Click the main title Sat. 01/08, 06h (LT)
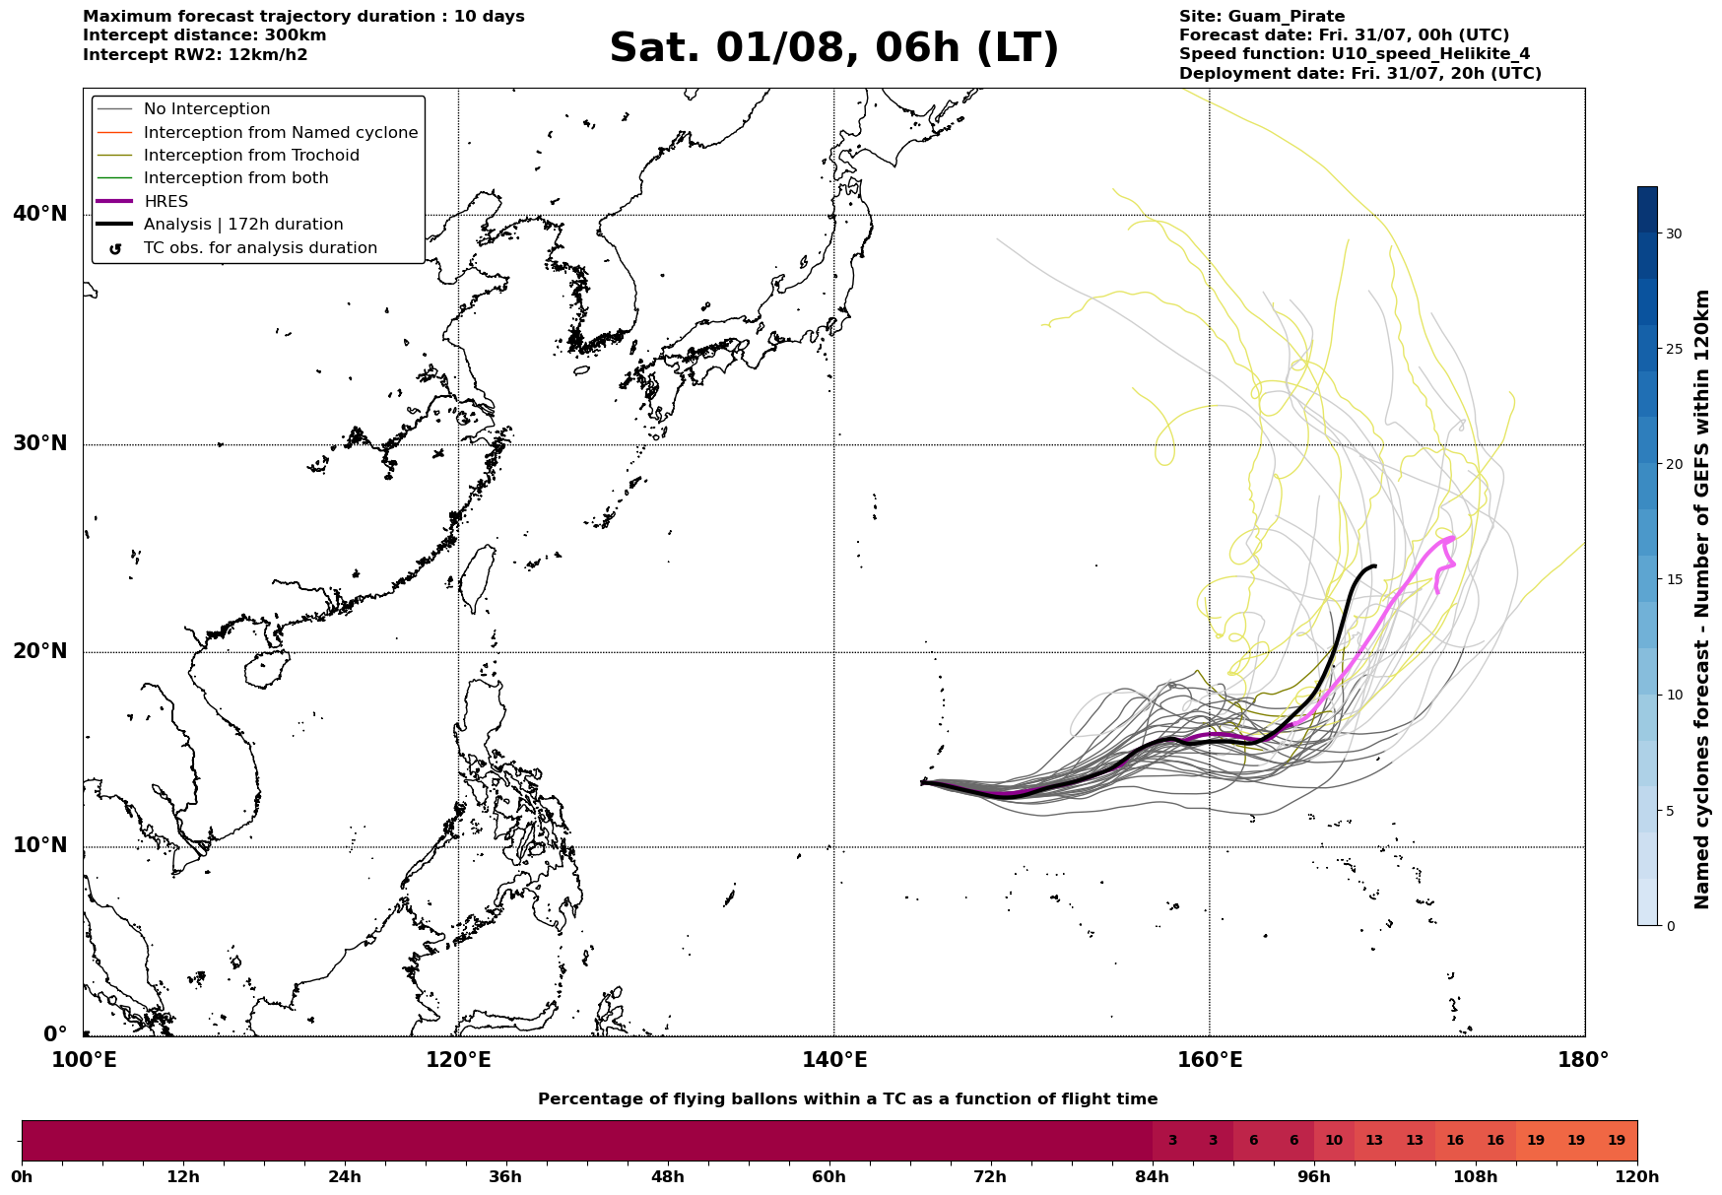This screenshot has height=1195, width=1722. [x=833, y=48]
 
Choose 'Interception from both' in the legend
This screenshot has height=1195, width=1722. [x=213, y=178]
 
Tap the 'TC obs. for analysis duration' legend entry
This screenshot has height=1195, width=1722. [x=237, y=248]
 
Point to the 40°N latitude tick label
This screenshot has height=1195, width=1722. [x=40, y=214]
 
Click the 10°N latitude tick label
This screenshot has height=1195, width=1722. [x=40, y=846]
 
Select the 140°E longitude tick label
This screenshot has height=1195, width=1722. [x=833, y=1060]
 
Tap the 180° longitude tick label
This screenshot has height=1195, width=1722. [x=1583, y=1060]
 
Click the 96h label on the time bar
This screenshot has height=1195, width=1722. [x=1314, y=1177]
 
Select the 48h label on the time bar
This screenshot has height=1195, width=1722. [x=668, y=1177]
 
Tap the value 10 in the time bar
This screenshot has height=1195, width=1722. [x=1334, y=1141]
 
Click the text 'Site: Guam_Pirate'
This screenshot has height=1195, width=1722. [x=1262, y=17]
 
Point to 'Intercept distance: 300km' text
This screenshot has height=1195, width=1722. [x=205, y=35]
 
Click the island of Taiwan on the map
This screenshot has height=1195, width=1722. [x=478, y=578]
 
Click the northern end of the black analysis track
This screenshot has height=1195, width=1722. [x=1374, y=566]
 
